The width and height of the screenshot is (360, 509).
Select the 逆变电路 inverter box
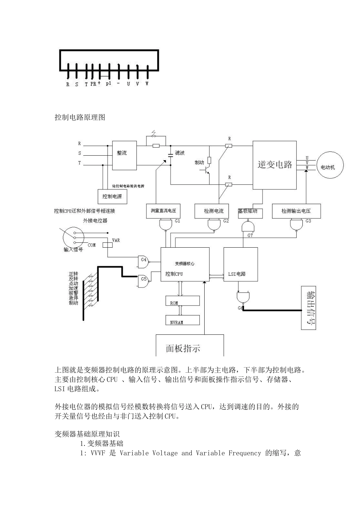[x=275, y=165]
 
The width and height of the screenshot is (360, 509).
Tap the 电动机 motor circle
[x=328, y=167]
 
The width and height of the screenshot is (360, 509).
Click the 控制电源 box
[x=112, y=197]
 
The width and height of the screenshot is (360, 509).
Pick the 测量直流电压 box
[x=163, y=211]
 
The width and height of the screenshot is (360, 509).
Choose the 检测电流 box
[x=214, y=211]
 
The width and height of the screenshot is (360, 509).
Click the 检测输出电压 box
[x=296, y=211]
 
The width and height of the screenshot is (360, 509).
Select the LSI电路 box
[x=241, y=270]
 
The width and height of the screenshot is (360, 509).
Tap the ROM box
[x=182, y=301]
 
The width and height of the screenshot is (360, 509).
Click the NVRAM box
[x=182, y=320]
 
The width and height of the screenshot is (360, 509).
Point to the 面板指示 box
[x=189, y=346]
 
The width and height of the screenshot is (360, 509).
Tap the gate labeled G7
[x=247, y=227]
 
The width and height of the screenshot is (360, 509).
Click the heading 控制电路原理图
[x=80, y=117]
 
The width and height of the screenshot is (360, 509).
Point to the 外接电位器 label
[x=95, y=220]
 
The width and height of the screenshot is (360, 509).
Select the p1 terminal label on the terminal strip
[x=108, y=84]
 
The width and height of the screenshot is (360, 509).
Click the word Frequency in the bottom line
[x=244, y=453]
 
